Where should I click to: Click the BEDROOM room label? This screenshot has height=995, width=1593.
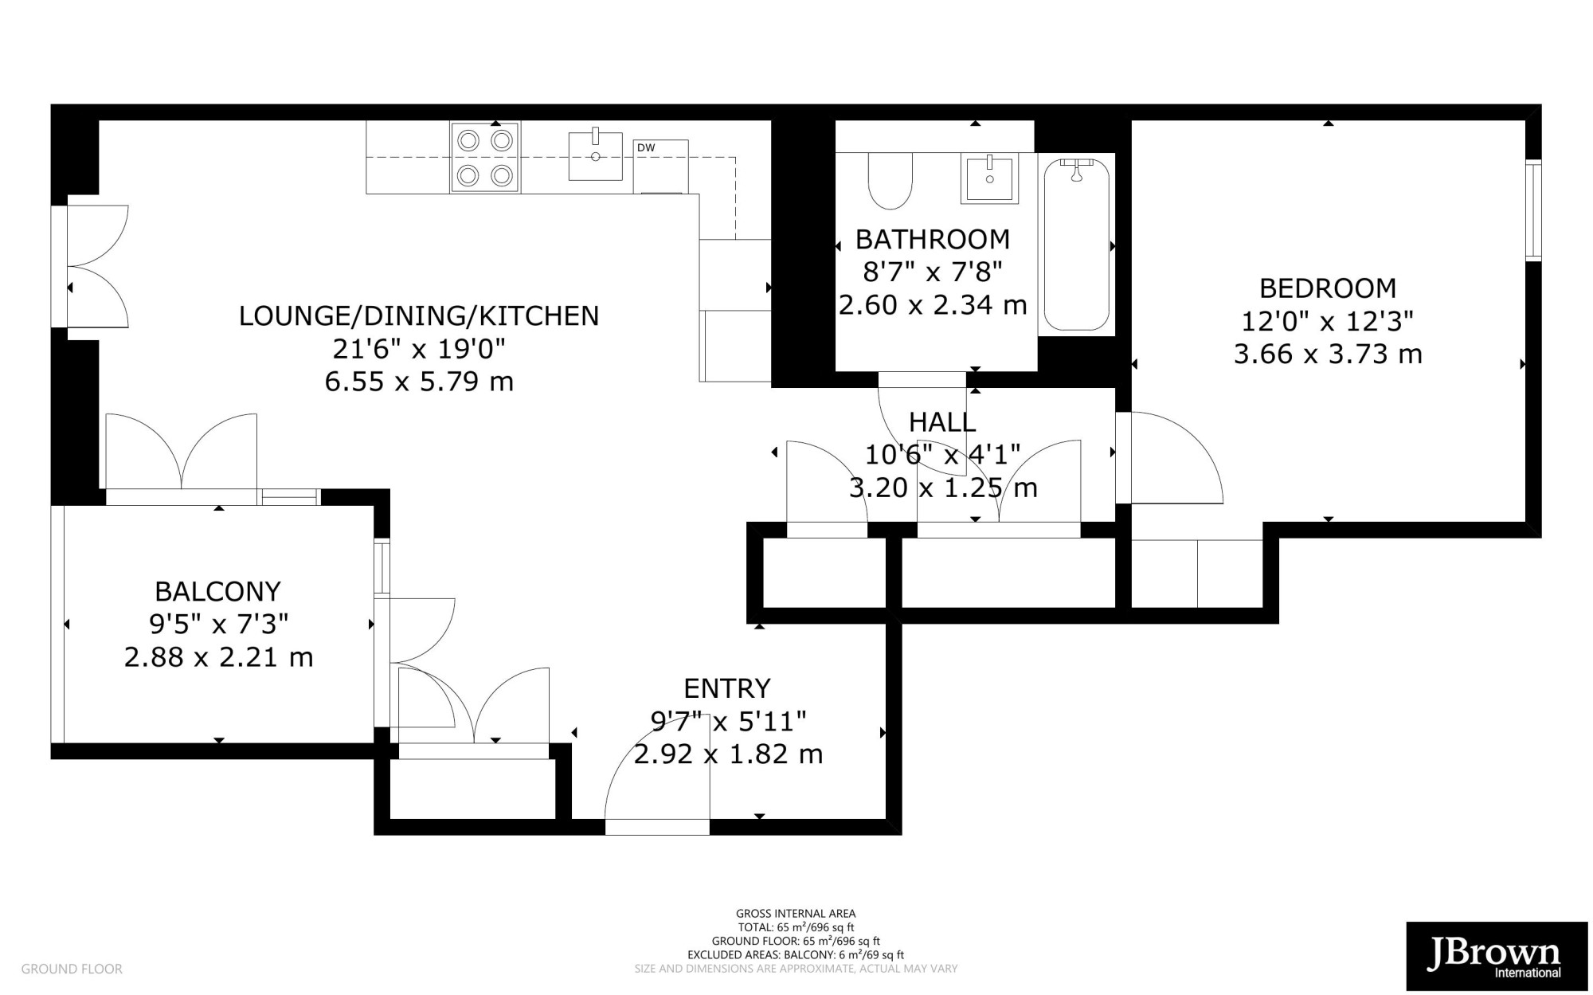1328,288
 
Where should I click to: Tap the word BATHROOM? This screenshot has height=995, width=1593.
933,239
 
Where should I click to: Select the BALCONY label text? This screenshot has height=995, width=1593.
217,592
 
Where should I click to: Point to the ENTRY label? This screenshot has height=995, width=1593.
727,688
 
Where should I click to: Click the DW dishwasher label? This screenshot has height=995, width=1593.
646,148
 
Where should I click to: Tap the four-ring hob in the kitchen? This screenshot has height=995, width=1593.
485,157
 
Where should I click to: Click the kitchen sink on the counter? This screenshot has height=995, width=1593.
596,156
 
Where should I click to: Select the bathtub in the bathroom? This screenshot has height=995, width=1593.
1076,244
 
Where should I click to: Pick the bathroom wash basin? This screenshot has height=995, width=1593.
990,179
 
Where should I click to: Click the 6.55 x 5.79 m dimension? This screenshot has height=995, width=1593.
419,382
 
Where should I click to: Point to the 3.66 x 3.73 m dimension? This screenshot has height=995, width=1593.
1328,354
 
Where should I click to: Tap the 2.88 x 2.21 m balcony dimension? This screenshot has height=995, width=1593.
218,658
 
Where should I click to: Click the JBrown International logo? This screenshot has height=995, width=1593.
1497,956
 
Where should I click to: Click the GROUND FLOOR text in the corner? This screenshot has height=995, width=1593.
72,970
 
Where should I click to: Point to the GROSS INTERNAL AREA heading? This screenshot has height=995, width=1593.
796,914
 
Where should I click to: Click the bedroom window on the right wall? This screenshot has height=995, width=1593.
1533,210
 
